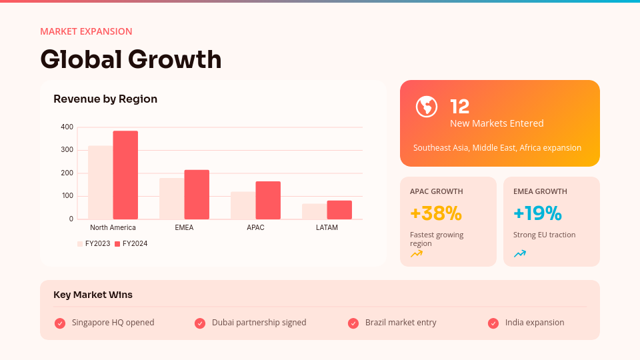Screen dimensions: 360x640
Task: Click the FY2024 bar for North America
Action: [x=125, y=175]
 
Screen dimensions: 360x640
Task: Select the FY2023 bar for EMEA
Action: [x=171, y=198]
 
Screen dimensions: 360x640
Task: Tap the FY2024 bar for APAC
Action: [x=268, y=200]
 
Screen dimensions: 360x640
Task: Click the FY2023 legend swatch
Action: [x=80, y=244]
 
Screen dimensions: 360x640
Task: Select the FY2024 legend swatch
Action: [x=117, y=244]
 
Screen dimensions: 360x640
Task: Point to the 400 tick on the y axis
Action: [x=67, y=127]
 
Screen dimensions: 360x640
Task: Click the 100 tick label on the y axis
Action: [x=67, y=196]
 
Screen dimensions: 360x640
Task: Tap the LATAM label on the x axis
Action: [x=327, y=227]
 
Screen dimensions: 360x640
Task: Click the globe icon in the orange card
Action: [x=427, y=107]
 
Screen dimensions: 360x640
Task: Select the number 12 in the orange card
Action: [x=460, y=106]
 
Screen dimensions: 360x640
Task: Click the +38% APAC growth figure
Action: [x=436, y=213]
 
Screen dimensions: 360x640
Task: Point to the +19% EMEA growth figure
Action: [x=537, y=213]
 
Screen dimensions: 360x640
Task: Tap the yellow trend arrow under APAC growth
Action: [x=417, y=253]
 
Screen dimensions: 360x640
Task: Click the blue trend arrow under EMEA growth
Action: [x=520, y=253]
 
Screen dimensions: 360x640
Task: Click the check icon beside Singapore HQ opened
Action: [x=60, y=323]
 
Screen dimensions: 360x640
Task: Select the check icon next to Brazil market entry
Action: [x=353, y=323]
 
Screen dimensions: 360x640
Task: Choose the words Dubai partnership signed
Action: [x=259, y=323]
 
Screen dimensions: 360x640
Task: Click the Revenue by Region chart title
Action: [x=105, y=99]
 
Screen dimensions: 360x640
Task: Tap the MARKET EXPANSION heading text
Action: [x=86, y=31]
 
